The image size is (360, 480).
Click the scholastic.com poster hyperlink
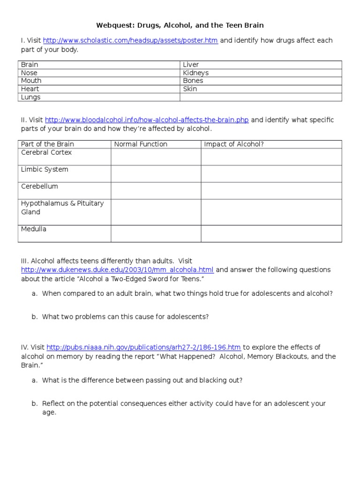pos(131,41)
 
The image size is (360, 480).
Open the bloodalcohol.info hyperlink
pos(147,120)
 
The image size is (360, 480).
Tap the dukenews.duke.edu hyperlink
pos(117,270)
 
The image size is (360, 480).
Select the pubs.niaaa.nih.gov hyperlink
pos(144,347)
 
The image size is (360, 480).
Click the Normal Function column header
pos(141,144)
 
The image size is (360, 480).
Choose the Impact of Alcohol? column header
pos(234,144)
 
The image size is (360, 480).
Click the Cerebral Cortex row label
pos(46,153)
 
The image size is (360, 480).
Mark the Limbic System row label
pos(45,170)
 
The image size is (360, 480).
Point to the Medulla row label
pos(34,229)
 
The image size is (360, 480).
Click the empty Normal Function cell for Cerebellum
pos(156,190)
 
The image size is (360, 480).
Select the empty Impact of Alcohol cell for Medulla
pos(271,233)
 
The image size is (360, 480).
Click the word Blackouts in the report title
pos(294,356)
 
